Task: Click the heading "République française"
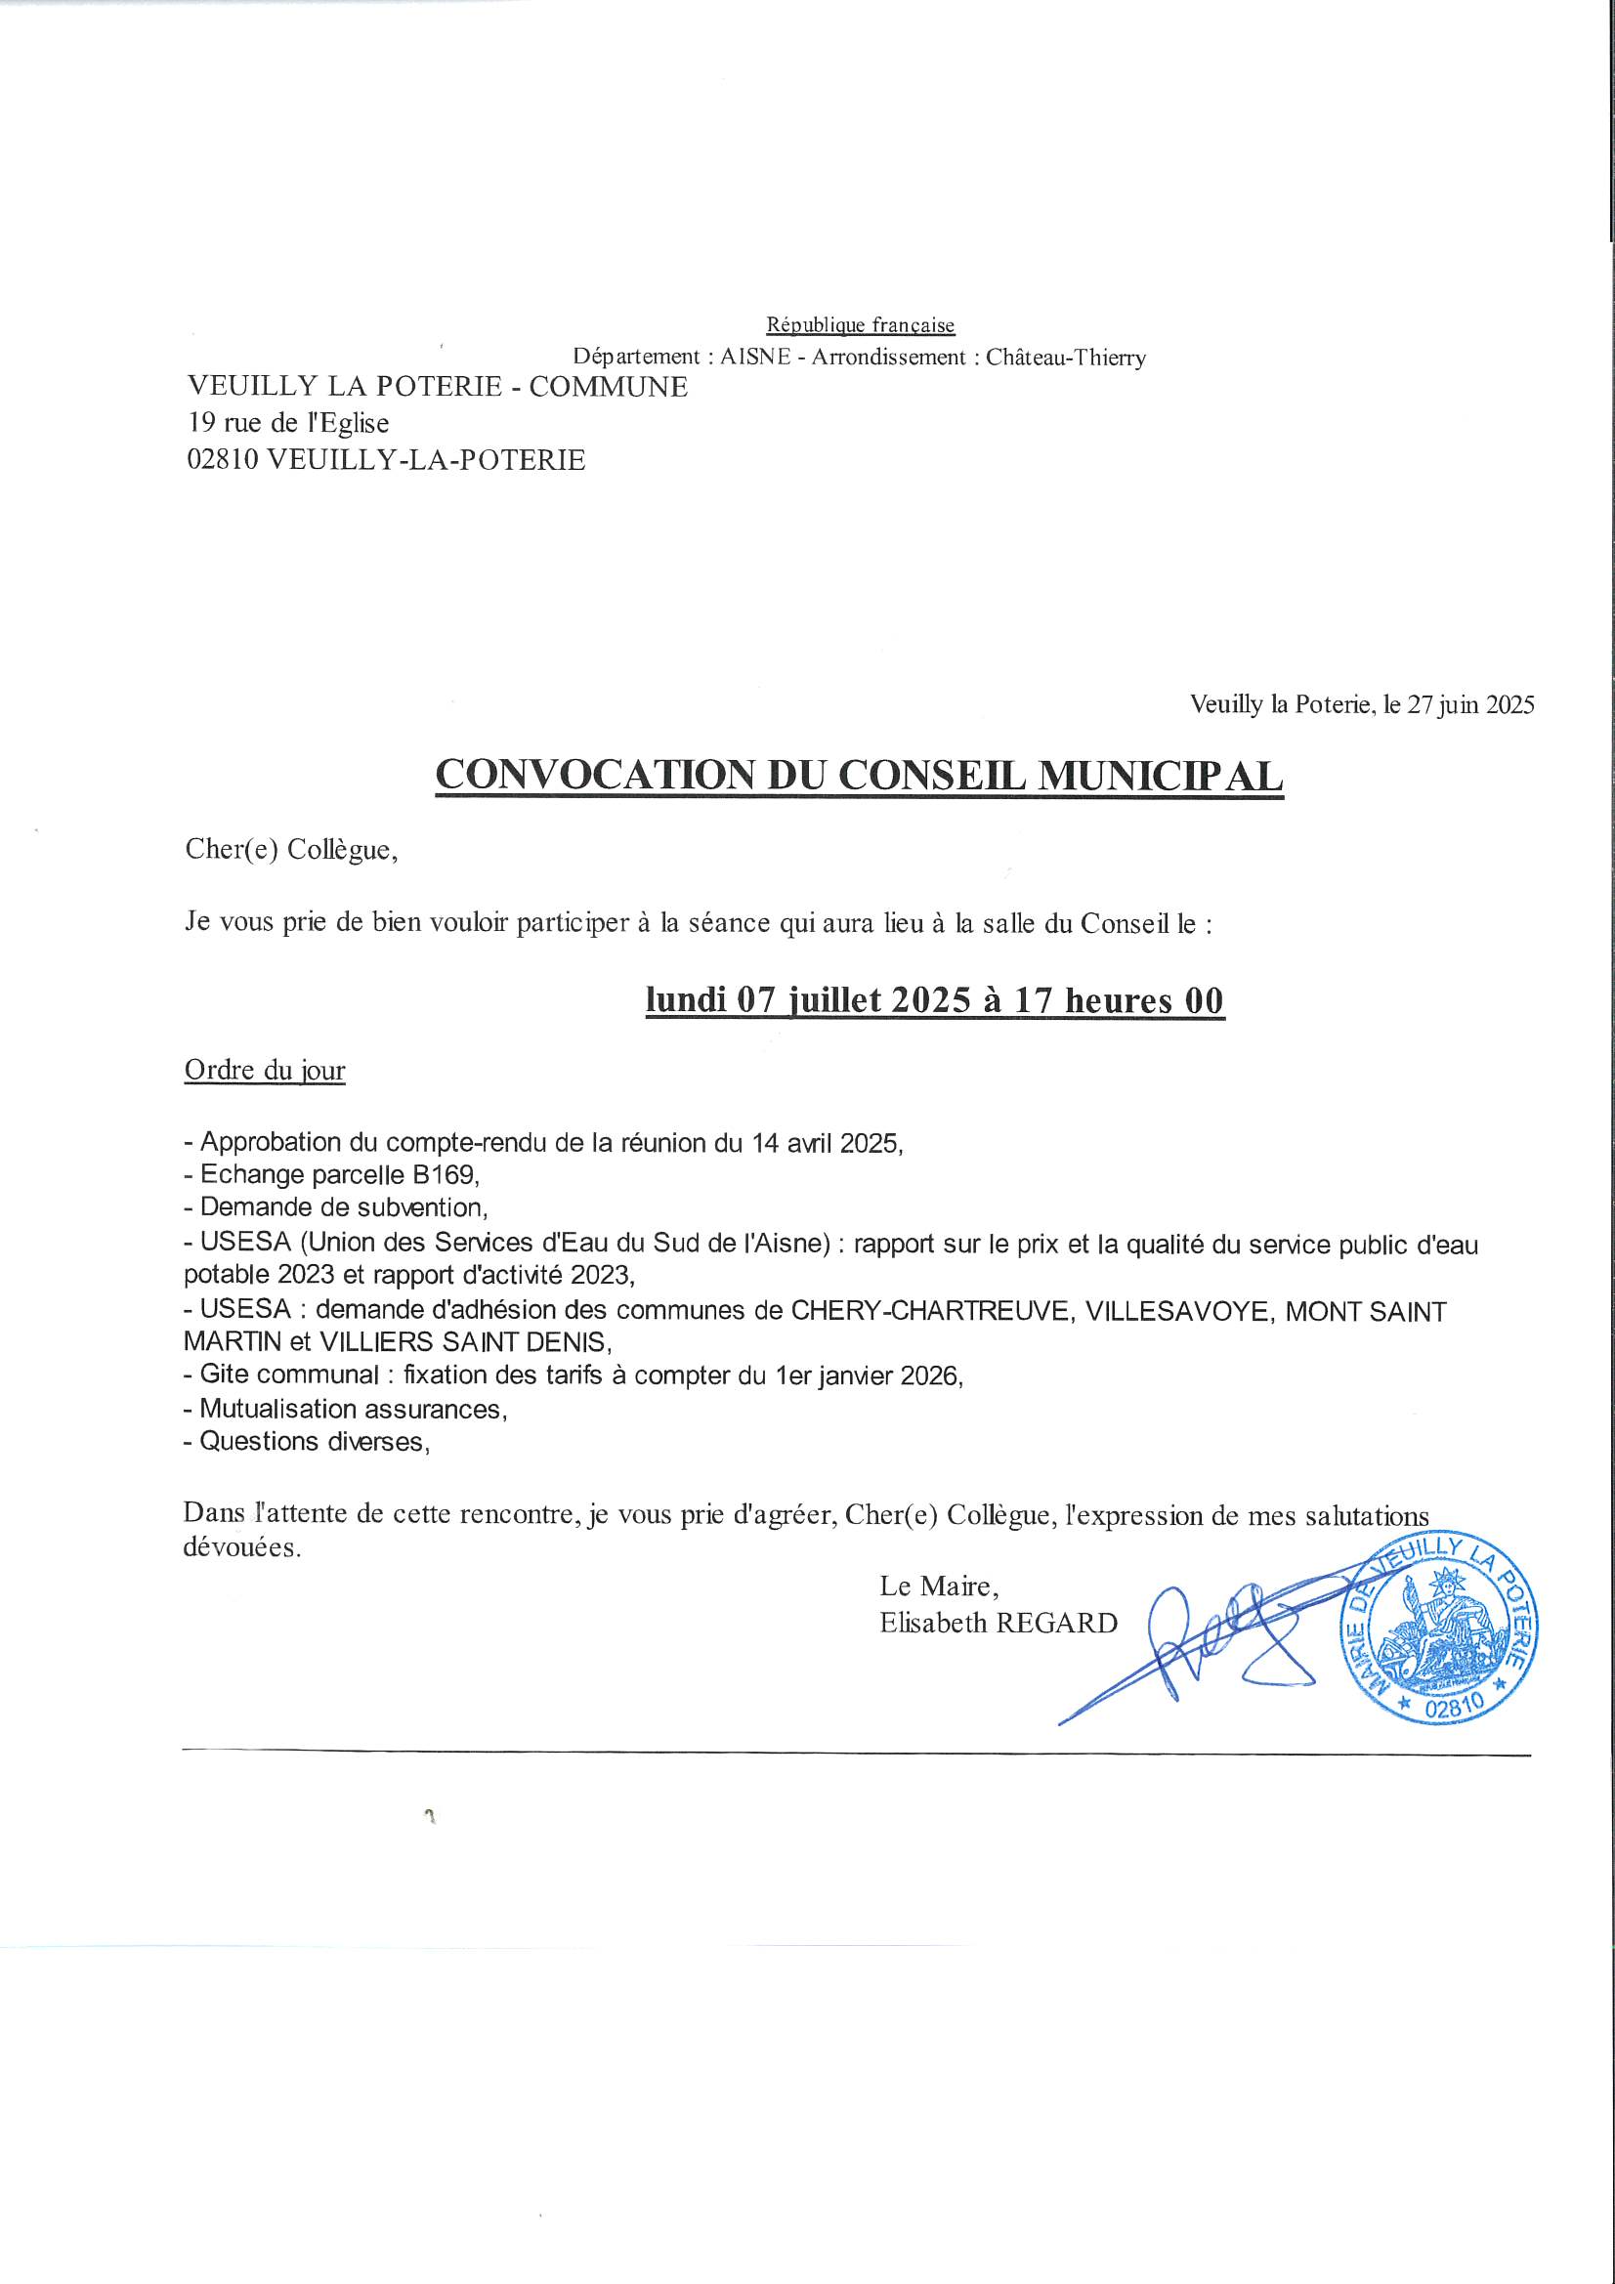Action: [860, 325]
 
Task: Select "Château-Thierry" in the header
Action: [1066, 358]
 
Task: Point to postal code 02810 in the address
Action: [222, 459]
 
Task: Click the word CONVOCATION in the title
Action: [593, 776]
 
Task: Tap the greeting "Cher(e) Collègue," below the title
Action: [291, 851]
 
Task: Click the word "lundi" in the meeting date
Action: [685, 999]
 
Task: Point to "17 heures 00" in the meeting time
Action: [1119, 999]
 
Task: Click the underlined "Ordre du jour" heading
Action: [265, 1071]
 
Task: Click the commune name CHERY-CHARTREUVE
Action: [931, 1311]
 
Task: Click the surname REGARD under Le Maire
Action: [1057, 1624]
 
